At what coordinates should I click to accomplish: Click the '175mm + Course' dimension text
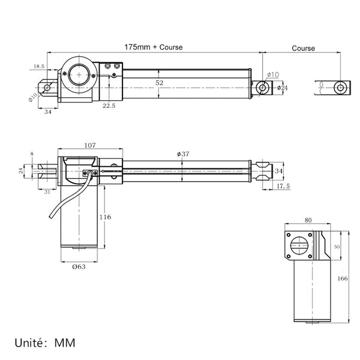154,47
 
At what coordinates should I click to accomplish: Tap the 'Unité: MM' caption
45,343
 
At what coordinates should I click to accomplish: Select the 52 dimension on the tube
160,83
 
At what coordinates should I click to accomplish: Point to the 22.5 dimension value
109,106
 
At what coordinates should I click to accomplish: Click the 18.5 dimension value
39,67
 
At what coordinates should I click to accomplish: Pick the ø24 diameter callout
282,88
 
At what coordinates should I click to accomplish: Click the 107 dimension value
90,145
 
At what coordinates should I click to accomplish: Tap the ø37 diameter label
183,154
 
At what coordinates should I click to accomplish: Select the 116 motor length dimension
105,217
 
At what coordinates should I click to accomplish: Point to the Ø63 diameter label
79,267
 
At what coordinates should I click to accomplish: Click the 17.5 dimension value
283,186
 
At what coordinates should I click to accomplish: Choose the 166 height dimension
343,278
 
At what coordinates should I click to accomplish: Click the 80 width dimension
308,220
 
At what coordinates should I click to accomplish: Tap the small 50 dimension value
337,247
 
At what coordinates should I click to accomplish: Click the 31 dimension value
47,192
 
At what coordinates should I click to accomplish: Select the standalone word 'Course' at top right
303,49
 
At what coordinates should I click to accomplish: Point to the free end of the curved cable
50,217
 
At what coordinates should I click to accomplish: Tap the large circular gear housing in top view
79,75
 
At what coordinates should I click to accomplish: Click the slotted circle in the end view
299,245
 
